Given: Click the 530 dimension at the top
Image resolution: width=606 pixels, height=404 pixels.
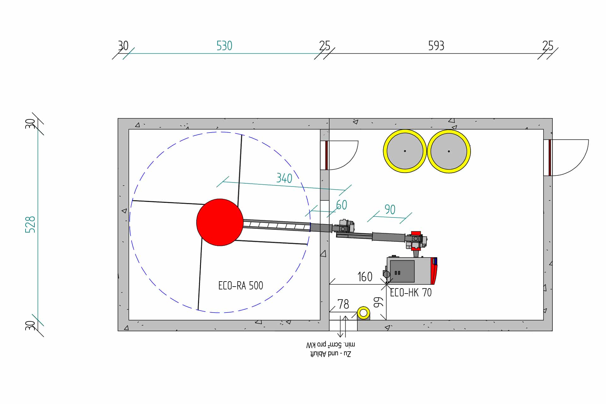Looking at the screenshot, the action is (224, 46).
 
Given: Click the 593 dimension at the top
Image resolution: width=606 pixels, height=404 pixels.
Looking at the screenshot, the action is (436, 46).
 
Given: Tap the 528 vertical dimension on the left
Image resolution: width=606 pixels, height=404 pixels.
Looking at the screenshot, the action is (30, 224).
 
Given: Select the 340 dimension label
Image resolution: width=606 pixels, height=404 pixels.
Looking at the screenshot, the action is (284, 178).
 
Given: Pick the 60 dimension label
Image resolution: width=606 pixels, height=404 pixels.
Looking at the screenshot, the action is (342, 205).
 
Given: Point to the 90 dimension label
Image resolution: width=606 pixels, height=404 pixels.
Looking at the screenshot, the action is (390, 209).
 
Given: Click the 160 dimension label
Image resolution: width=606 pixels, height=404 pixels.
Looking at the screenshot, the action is (365, 277).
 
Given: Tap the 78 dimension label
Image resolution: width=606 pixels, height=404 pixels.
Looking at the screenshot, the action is (343, 304).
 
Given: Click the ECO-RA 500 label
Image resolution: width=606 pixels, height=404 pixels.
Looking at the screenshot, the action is (241, 286).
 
